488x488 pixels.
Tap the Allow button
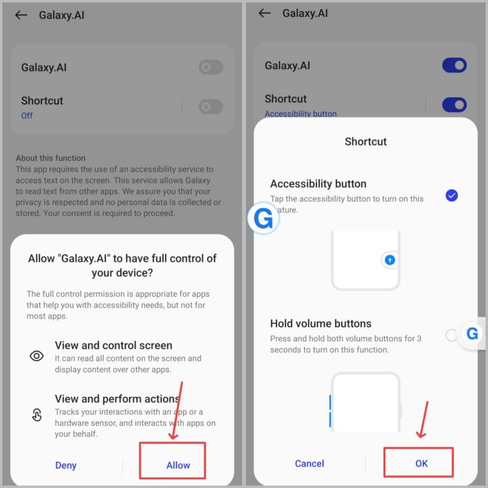178,465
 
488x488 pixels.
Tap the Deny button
66,465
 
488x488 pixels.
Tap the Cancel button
310,463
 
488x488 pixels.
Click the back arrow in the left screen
21,15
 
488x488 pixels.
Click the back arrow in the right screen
265,13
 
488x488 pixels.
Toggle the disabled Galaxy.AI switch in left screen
210,67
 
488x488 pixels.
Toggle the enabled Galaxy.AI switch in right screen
454,66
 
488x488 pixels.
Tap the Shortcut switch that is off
210,107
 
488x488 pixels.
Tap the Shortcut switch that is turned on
454,105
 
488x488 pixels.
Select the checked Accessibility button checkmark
451,196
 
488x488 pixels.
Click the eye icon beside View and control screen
36,356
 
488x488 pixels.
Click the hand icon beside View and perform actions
37,414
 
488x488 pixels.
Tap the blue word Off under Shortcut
27,116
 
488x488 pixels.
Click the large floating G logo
263,218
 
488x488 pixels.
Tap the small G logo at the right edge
472,334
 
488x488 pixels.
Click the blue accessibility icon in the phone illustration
389,259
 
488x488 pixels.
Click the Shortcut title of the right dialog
366,141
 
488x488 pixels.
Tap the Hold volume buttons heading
320,324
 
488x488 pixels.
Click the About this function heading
50,158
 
